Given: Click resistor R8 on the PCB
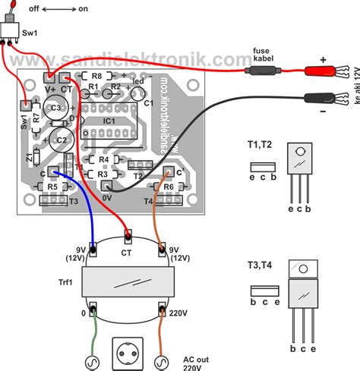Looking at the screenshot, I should tap(96, 77).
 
